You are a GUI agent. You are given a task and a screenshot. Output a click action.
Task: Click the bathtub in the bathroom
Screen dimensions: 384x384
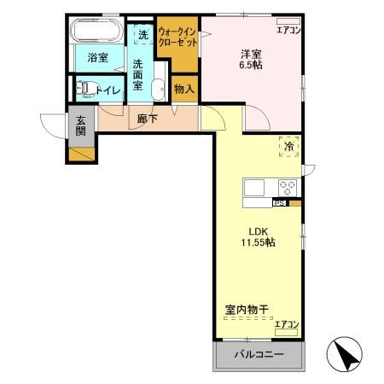[x=97, y=32]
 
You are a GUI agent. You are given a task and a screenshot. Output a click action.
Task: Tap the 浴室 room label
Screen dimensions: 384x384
[x=97, y=58]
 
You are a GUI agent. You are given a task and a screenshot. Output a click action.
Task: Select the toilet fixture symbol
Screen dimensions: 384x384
[x=86, y=87]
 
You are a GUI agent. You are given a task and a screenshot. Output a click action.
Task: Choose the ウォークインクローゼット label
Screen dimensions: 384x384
[x=177, y=38]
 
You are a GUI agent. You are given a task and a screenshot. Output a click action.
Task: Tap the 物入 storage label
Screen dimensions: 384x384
[x=183, y=88]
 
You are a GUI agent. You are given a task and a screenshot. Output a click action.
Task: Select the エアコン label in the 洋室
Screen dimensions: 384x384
[x=288, y=31]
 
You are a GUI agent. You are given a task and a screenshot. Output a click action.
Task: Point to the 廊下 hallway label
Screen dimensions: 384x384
[x=146, y=120]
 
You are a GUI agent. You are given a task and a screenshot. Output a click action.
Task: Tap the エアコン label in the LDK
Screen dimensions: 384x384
[x=287, y=323]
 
